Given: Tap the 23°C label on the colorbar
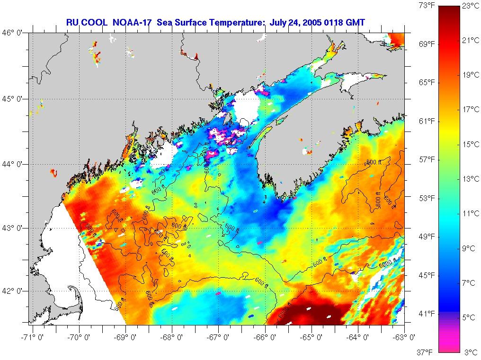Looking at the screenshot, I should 471,6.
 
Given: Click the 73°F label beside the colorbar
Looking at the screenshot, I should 426,6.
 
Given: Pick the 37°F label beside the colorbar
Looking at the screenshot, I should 426,352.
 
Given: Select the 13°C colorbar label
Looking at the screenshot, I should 471,179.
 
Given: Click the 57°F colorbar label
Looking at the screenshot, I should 426,159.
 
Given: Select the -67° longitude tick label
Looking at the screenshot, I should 219,337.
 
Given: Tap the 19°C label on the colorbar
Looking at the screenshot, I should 471,75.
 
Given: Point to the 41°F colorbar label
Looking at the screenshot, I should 426,313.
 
